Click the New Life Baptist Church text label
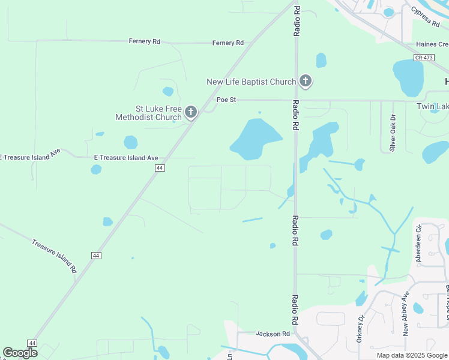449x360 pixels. coord(251,82)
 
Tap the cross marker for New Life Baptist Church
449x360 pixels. coord(306,80)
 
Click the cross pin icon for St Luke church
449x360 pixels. coord(191,112)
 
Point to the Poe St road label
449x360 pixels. coord(227,100)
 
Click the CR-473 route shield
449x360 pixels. coord(424,57)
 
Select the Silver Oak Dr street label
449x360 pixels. coord(393,133)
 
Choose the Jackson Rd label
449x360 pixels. coord(273,334)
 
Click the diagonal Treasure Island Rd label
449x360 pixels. coord(54,256)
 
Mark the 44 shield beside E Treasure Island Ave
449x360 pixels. coord(159,169)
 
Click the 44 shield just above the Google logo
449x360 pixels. coord(32,343)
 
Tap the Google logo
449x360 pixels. coord(20,353)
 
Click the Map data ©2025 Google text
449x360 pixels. coord(412,355)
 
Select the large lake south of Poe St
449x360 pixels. coord(255,138)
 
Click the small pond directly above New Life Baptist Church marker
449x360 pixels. coord(321,60)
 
